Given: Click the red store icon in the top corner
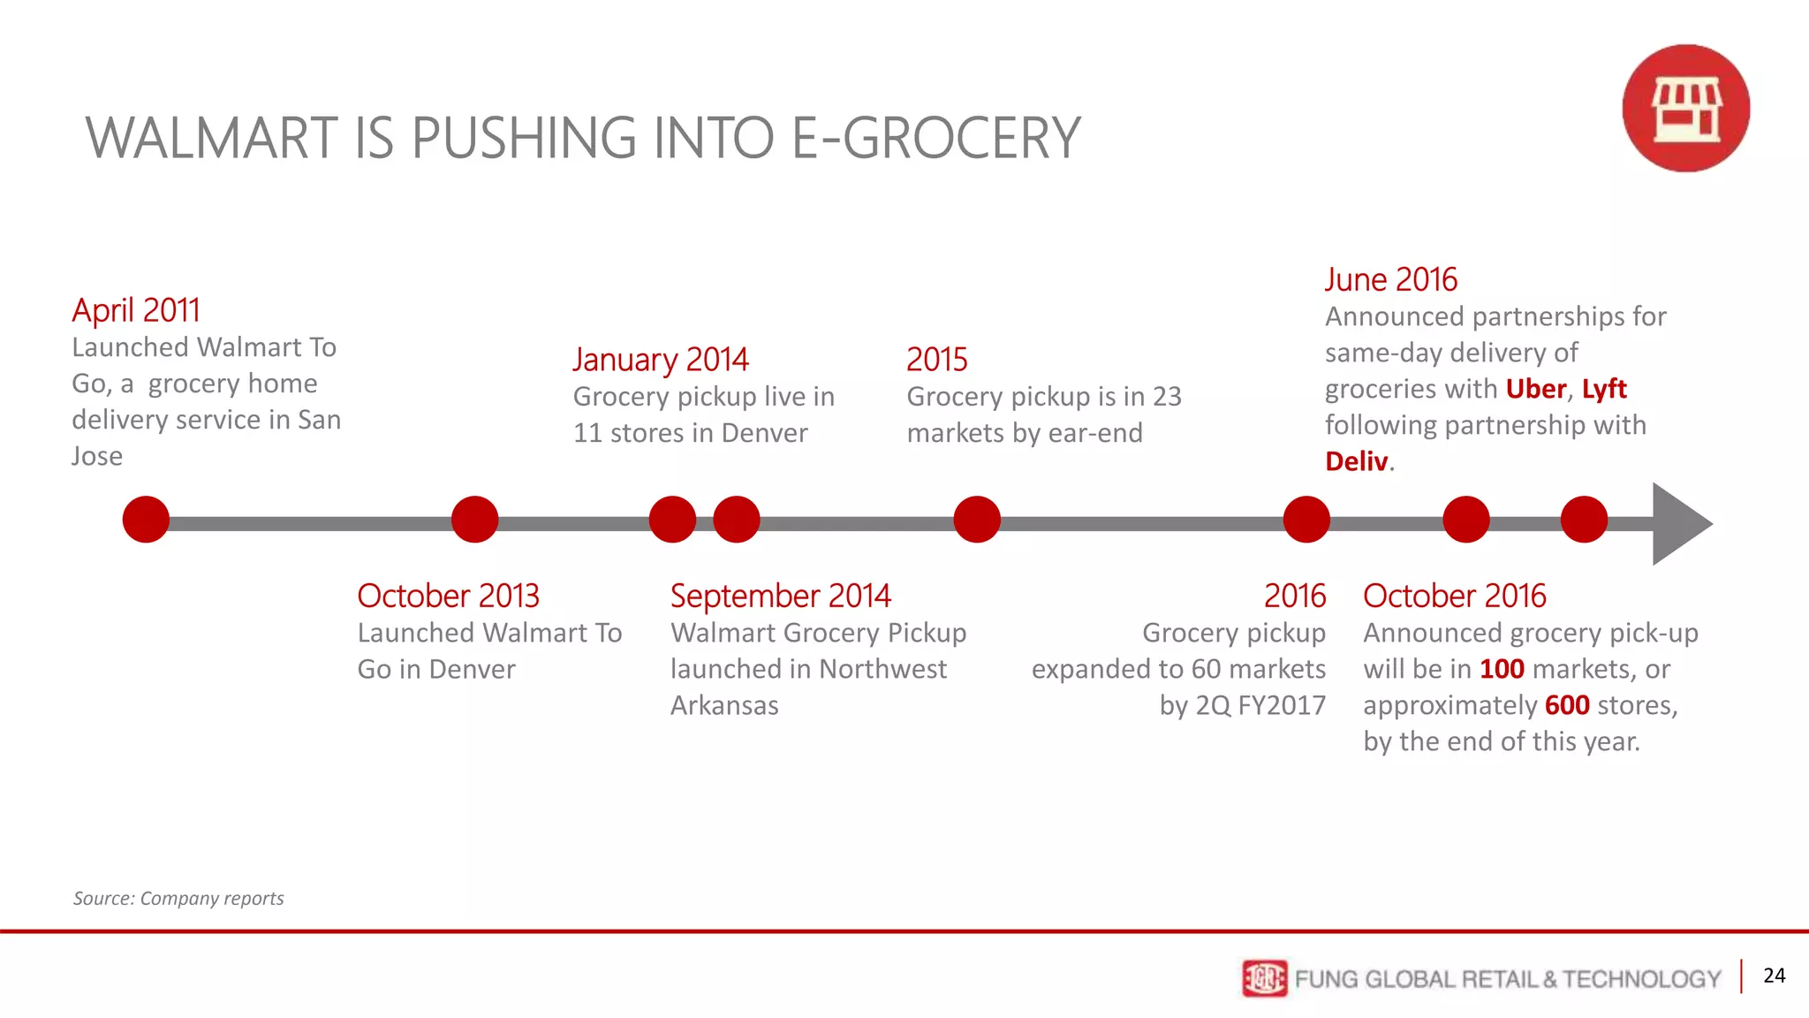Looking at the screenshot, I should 1685,108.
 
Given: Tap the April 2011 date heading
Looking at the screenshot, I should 136,310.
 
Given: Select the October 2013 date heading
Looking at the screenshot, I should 448,596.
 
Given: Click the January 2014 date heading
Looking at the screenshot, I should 660,360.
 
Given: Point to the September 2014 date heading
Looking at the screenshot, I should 780,596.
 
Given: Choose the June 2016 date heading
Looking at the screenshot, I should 1390,279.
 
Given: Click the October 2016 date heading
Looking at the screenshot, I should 1454,596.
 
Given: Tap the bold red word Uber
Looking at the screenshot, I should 1535,389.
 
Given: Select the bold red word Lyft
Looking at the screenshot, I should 1603,389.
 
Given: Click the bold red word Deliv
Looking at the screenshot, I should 1356,461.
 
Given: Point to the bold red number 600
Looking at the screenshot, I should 1567,705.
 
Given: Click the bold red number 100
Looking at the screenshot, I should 1502,669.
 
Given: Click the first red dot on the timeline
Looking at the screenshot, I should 146,520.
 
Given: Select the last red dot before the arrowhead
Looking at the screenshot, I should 1584,520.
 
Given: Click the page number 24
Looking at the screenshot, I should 1774,976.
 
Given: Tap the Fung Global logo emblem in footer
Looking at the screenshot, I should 1264,978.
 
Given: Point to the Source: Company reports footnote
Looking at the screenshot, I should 178,899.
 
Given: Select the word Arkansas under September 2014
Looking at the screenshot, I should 724,705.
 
